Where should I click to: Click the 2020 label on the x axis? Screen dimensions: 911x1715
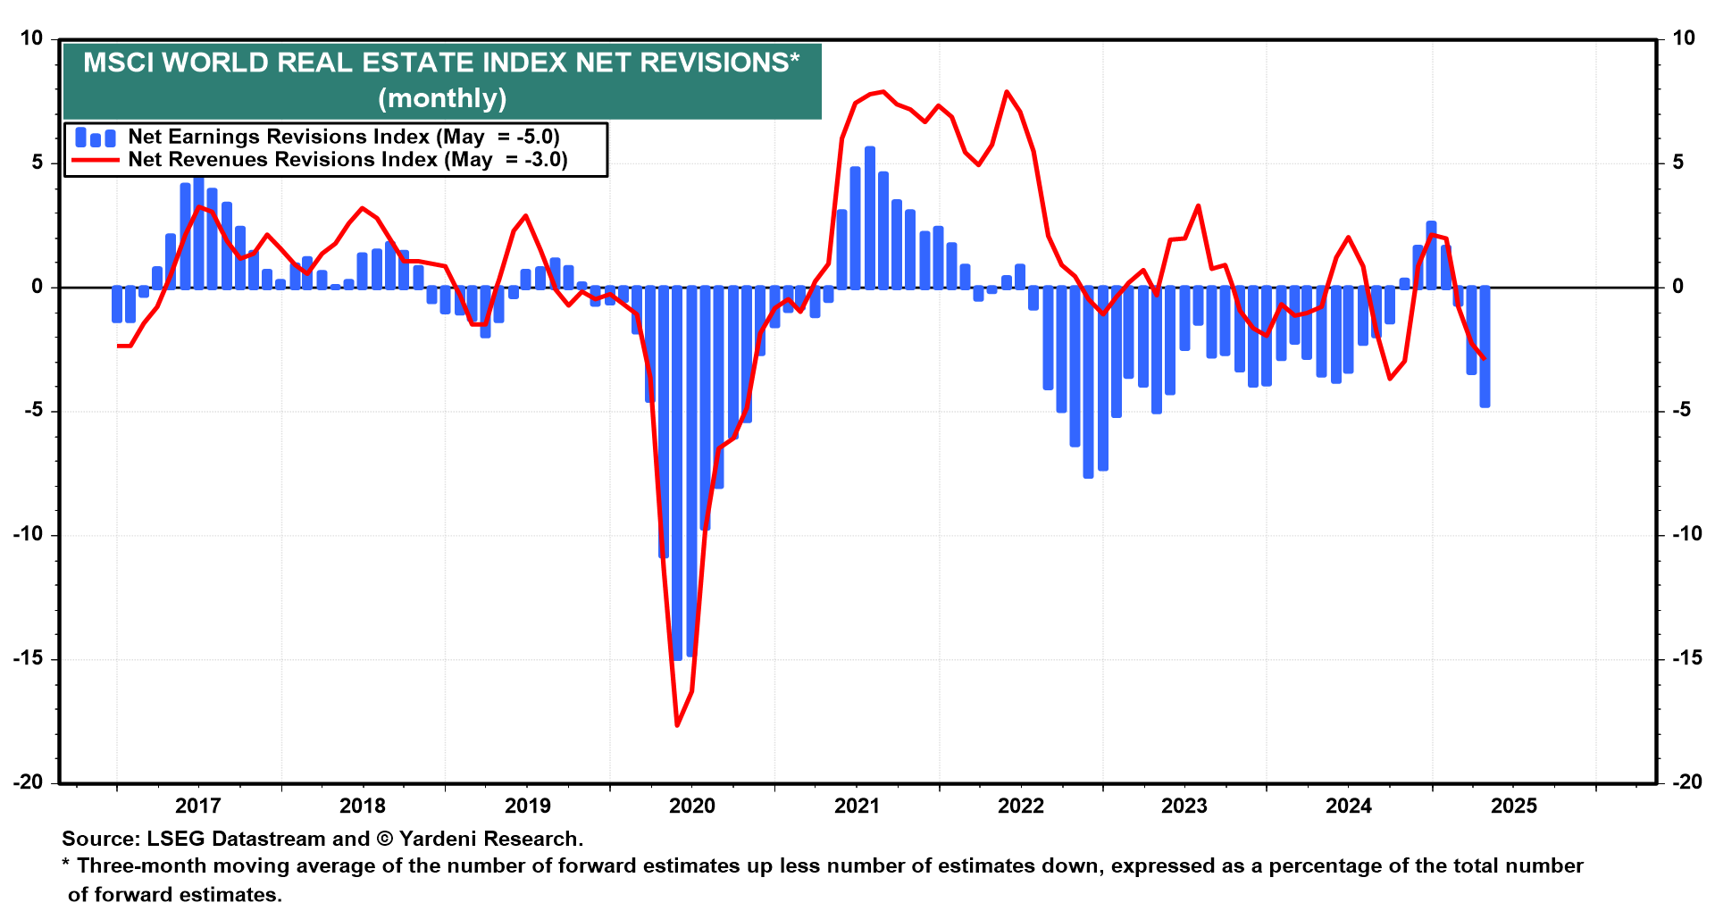pos(692,806)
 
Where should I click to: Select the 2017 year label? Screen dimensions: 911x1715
pos(197,806)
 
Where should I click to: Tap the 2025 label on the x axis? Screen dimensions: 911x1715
pos(1514,806)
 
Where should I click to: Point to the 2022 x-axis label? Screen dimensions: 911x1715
pos(1021,806)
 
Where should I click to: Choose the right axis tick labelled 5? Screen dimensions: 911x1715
pos(1678,163)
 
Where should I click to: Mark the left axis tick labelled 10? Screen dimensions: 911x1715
pos(31,38)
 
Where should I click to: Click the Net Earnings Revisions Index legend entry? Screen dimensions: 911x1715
pos(279,137)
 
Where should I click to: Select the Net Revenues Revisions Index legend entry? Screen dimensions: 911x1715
pos(282,160)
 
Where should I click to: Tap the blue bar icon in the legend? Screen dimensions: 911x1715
pos(96,138)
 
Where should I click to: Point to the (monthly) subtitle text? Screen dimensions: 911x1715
pos(442,97)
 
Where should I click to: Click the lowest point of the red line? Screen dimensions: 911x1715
pos(677,725)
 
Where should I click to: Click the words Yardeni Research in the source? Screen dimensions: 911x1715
pos(490,839)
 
